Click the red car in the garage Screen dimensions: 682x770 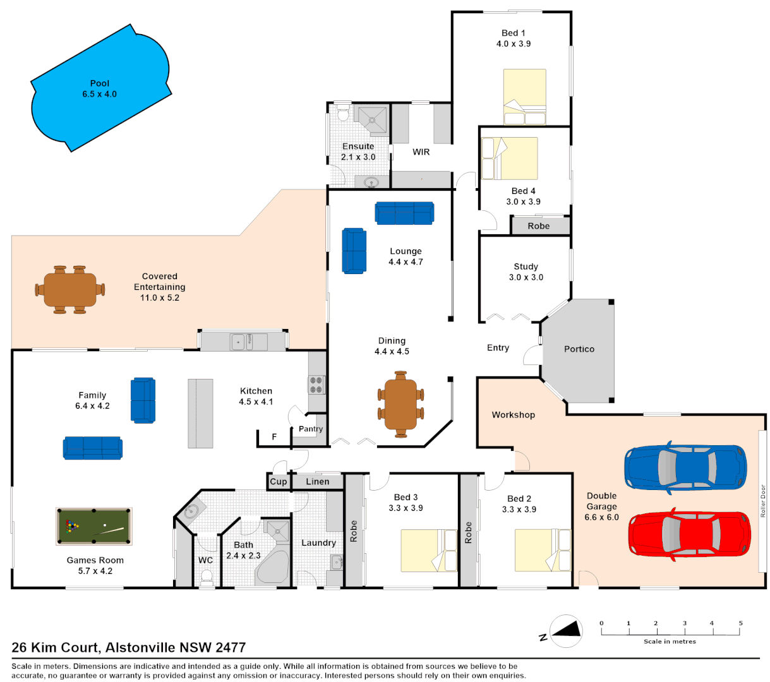pos(689,534)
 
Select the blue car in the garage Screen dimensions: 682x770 pos(685,468)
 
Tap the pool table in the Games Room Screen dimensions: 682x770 pos(94,526)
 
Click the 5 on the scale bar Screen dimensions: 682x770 pos(740,623)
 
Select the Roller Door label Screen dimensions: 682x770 pos(762,501)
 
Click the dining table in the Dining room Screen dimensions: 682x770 pos(400,404)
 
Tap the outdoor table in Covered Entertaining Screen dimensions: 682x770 pos(70,290)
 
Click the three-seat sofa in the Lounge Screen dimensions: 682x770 pos(404,213)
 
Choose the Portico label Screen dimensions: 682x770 pos(579,349)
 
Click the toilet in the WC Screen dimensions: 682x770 pos(206,577)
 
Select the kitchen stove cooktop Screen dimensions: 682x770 pos(316,385)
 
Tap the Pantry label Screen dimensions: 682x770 pos(311,429)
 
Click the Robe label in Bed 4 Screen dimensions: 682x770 pos(539,226)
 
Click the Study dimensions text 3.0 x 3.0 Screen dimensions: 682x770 pos(526,277)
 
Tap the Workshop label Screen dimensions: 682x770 pos(514,415)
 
